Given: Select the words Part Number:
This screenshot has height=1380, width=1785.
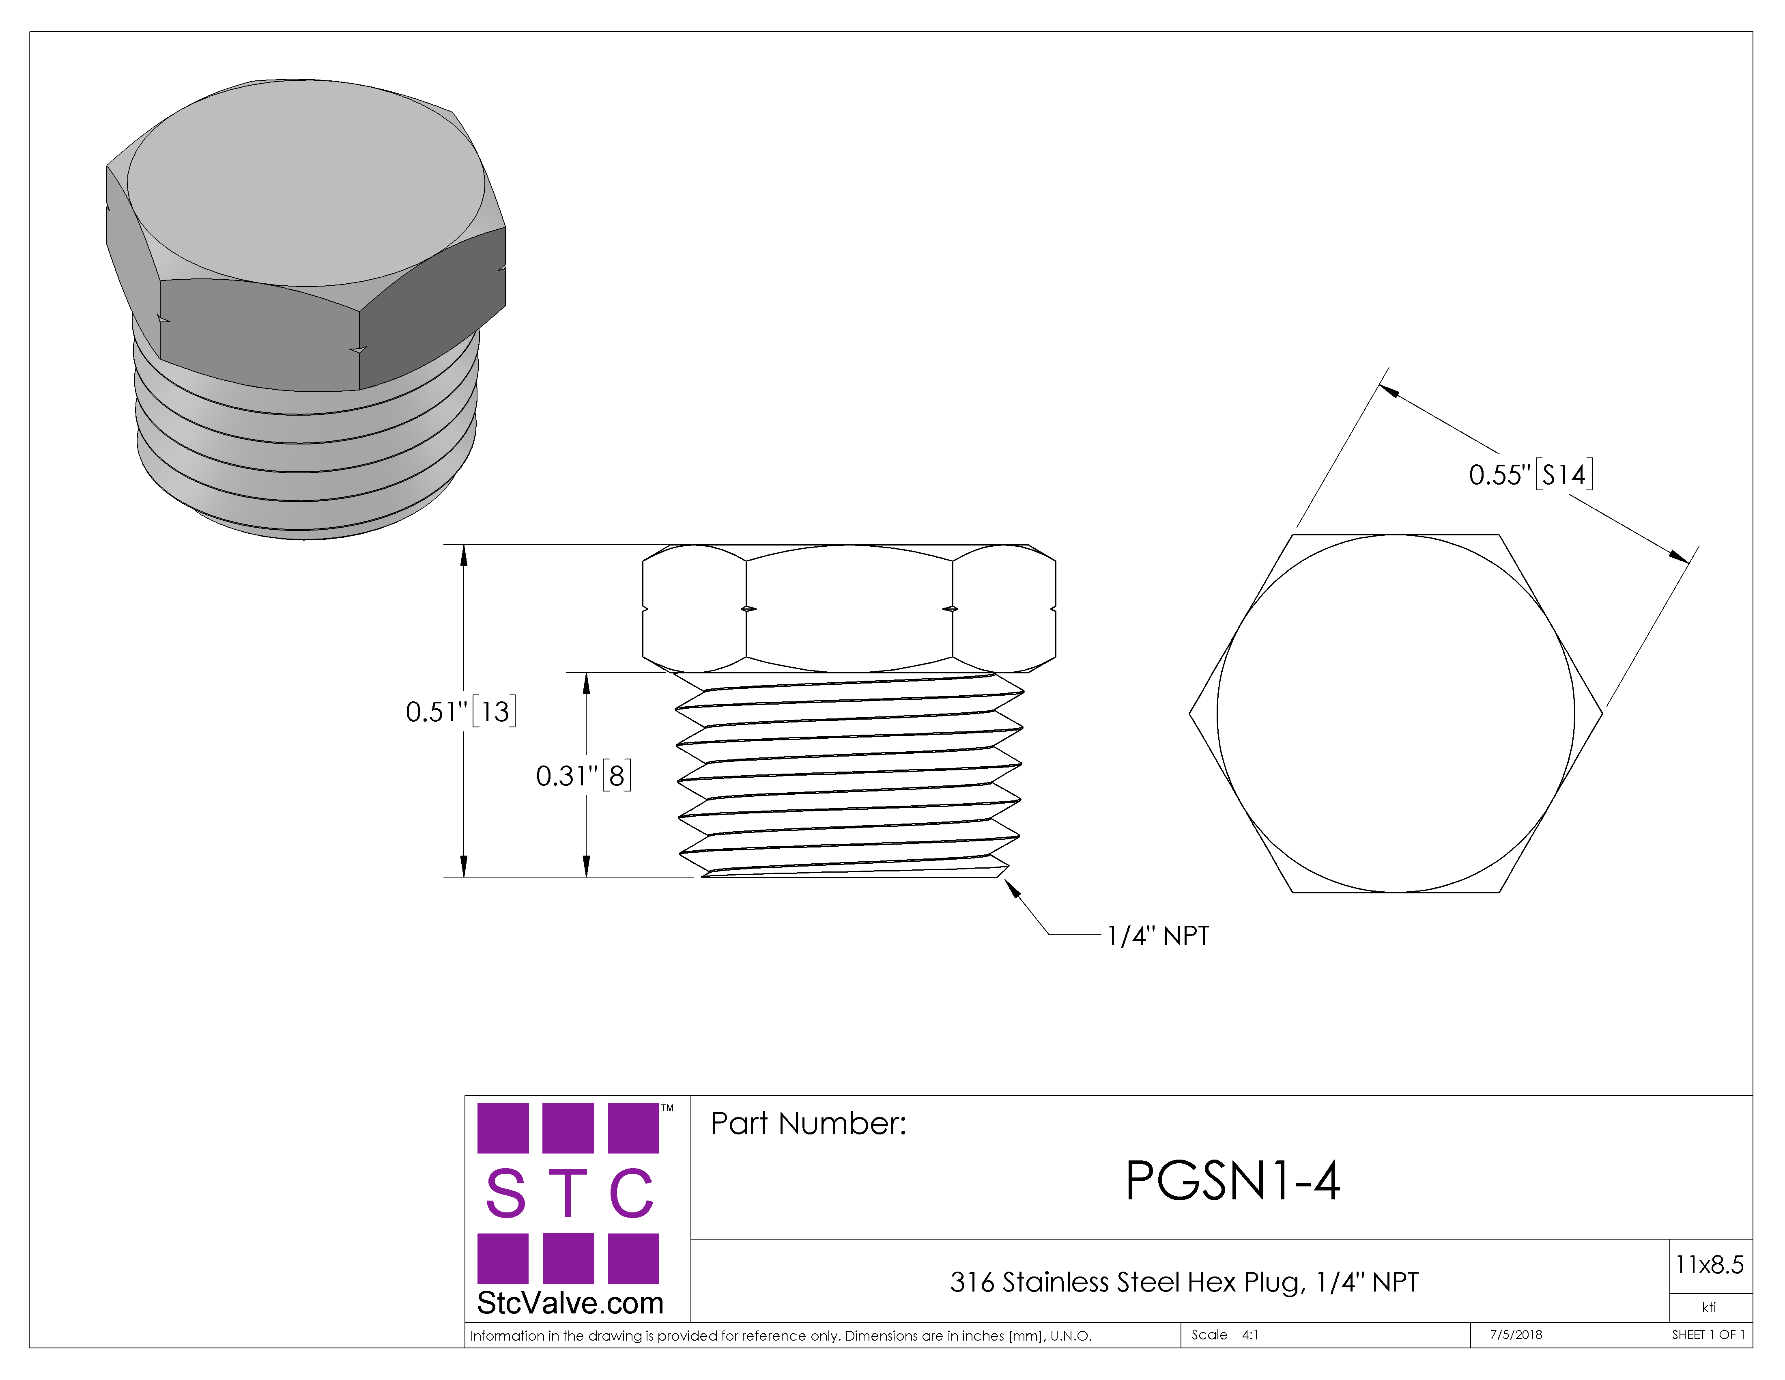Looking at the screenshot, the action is pos(808,1123).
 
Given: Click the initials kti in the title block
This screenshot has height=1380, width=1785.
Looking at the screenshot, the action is pos(1709,1307).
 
